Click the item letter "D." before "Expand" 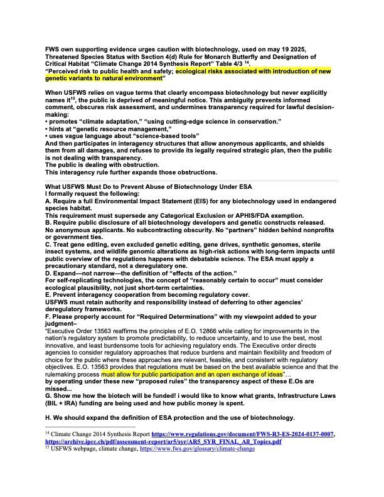point(48,276)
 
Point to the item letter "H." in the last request point(48,417)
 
